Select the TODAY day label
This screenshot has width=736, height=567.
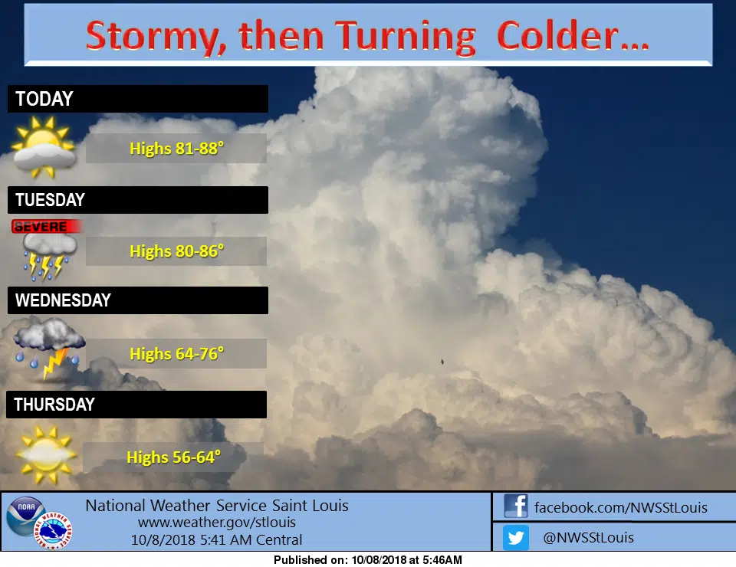click(44, 99)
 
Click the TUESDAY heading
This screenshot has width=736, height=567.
click(51, 200)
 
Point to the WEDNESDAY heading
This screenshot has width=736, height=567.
click(63, 300)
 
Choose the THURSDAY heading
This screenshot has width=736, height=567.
click(54, 405)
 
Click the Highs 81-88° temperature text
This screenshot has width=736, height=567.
click(176, 148)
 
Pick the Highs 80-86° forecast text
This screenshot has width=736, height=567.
click(176, 251)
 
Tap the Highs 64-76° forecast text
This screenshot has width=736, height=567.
click(176, 354)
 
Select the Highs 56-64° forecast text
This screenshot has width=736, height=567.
click(174, 457)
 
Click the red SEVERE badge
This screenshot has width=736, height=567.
click(47, 227)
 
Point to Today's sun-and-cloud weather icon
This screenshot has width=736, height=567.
click(44, 147)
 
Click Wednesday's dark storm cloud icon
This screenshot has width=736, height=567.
click(48, 347)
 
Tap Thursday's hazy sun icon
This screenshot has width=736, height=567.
click(45, 454)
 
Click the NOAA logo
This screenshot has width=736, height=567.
click(26, 516)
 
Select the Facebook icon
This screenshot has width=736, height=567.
click(516, 506)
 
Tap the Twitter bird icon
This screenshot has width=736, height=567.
click(516, 537)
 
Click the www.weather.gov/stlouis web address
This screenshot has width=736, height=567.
click(217, 523)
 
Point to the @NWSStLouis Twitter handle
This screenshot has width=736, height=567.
click(588, 537)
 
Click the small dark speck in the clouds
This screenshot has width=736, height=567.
click(442, 362)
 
